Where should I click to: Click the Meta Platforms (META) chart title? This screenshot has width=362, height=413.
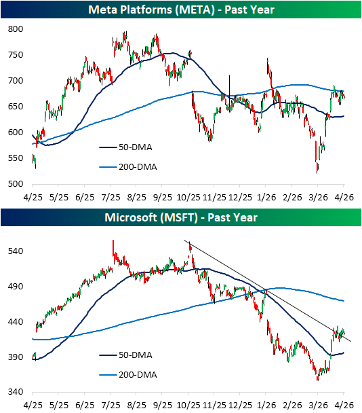click(x=181, y=10)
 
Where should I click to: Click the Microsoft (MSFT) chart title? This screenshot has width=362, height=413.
click(x=181, y=217)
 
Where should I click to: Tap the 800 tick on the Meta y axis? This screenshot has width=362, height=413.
click(x=16, y=29)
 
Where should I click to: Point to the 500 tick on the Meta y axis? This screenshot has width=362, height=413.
click(x=16, y=184)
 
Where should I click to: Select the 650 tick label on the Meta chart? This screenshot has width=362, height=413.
click(x=16, y=107)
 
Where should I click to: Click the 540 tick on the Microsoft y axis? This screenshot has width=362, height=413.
click(x=16, y=251)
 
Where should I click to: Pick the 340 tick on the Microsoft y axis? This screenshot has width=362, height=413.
click(x=16, y=392)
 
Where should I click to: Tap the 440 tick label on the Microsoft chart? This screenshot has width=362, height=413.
click(x=16, y=321)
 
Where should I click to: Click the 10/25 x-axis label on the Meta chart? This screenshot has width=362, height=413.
click(x=188, y=197)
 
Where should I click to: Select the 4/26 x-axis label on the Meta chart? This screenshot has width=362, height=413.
click(x=344, y=197)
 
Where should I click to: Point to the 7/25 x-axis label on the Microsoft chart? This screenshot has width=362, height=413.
click(x=110, y=405)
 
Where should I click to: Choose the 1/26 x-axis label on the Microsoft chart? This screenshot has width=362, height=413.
click(x=266, y=405)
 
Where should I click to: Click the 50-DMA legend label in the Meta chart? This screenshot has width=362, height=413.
click(x=136, y=147)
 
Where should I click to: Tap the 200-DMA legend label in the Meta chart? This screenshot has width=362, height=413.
click(x=138, y=167)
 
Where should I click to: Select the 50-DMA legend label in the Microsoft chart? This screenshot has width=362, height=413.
click(x=136, y=355)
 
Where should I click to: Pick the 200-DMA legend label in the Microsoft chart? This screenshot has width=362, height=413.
click(x=138, y=375)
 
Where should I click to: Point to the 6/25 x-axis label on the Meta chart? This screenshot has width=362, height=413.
click(x=85, y=197)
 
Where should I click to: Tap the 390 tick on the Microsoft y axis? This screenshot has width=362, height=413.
click(x=16, y=357)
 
